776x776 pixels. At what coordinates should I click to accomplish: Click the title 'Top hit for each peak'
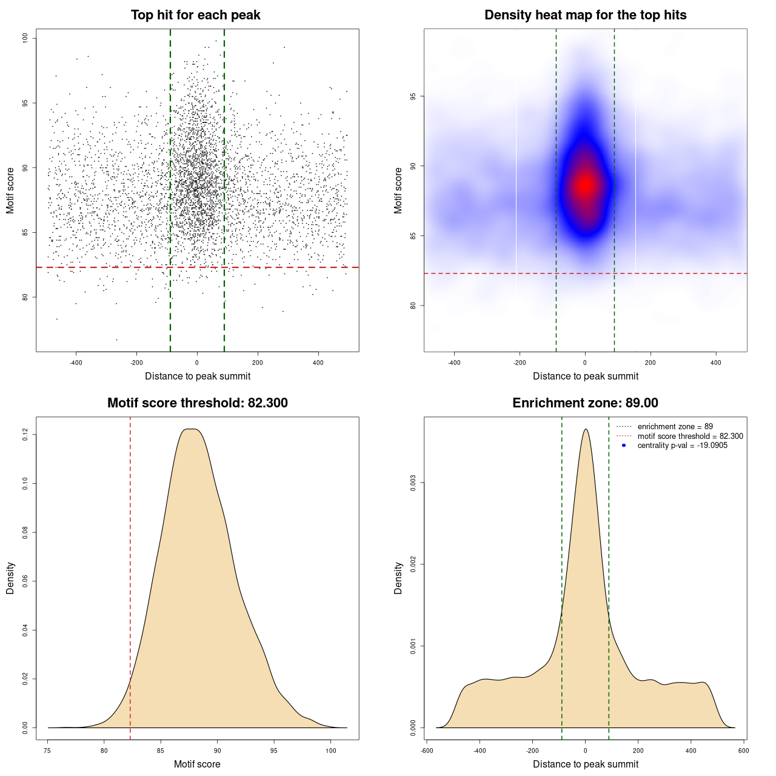click(x=195, y=15)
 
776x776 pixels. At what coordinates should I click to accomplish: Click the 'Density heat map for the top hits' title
click(x=585, y=15)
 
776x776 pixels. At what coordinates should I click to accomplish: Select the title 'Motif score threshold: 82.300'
click(x=197, y=403)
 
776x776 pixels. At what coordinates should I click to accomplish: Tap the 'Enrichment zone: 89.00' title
click(x=585, y=403)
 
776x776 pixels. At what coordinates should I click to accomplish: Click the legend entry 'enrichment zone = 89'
click(x=675, y=427)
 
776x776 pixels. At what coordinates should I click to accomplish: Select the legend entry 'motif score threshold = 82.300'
click(x=690, y=436)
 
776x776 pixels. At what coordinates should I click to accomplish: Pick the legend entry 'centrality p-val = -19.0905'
click(x=682, y=446)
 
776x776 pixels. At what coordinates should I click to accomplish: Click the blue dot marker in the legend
click(x=624, y=446)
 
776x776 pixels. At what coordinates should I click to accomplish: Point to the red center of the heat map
click(x=585, y=184)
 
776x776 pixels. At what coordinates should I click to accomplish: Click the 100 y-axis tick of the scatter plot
click(x=25, y=38)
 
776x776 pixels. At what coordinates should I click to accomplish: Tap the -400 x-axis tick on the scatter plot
click(x=76, y=363)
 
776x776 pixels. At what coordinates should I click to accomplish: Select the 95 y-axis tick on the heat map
click(x=413, y=96)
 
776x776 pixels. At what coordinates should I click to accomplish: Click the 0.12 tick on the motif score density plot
click(x=25, y=435)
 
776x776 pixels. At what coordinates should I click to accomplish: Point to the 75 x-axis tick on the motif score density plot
click(x=48, y=751)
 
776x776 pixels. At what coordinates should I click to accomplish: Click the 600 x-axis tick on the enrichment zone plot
click(x=743, y=751)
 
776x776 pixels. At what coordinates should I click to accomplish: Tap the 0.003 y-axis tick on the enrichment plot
click(x=413, y=483)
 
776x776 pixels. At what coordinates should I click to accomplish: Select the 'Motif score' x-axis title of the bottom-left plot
click(x=197, y=764)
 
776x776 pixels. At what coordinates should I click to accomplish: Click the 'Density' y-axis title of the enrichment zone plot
click(x=398, y=578)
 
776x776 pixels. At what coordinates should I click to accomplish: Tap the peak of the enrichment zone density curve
click(x=585, y=429)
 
